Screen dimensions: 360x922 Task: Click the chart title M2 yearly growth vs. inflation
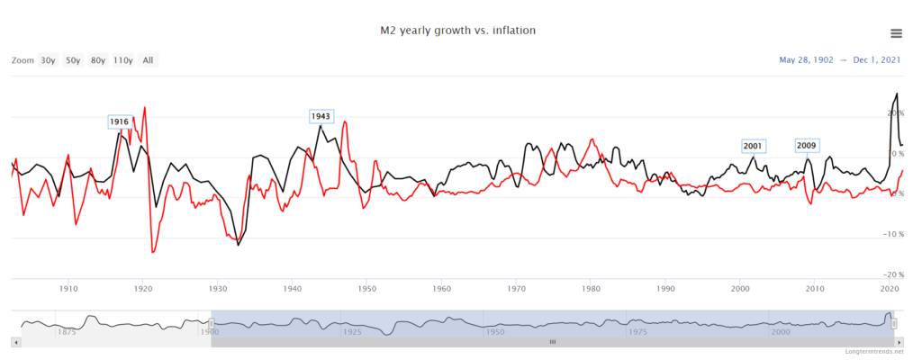(x=459, y=31)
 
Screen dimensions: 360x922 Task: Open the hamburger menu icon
(x=896, y=33)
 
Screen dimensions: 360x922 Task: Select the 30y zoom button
(x=48, y=60)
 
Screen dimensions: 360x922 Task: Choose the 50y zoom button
(x=73, y=60)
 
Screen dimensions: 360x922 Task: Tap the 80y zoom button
(x=97, y=60)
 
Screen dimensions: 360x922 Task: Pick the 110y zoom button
(x=123, y=60)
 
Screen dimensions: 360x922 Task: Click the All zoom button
(x=148, y=60)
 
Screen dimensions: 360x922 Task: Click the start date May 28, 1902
(x=806, y=60)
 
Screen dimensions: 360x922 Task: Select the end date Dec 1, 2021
(x=879, y=60)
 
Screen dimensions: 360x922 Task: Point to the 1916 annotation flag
(x=119, y=121)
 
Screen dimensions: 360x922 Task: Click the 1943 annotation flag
(x=321, y=116)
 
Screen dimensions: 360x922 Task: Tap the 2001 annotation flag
(x=753, y=146)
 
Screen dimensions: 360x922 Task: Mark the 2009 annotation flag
(x=806, y=146)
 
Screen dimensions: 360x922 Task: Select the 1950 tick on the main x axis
(x=366, y=289)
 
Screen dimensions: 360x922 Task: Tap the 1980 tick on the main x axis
(x=591, y=289)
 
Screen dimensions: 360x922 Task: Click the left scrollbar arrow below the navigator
(x=14, y=342)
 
